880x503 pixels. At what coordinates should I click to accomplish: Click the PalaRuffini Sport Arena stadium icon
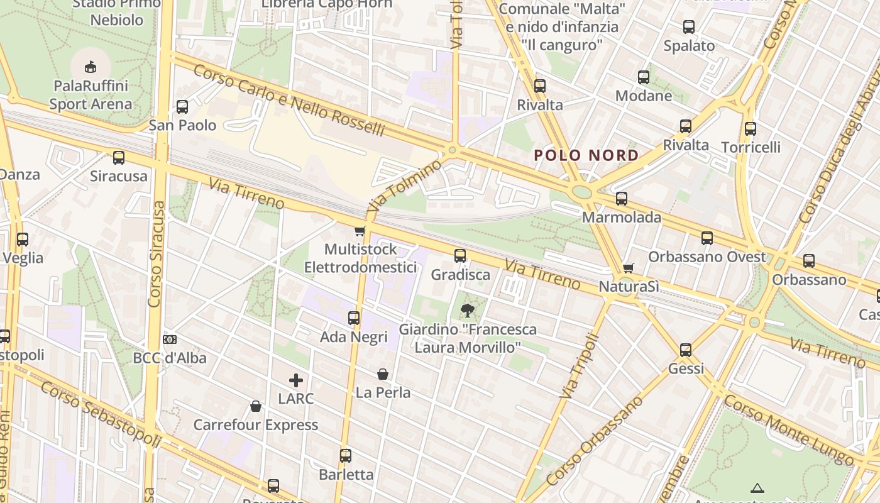(91, 66)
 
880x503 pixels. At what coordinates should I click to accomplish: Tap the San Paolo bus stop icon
(182, 106)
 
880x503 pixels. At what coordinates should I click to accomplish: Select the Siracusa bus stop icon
(119, 157)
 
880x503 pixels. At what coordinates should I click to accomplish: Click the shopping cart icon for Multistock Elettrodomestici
(360, 231)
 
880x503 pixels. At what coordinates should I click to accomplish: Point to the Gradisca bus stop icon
(460, 255)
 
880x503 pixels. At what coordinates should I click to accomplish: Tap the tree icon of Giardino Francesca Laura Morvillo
(467, 310)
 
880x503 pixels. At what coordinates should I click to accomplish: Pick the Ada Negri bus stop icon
(354, 318)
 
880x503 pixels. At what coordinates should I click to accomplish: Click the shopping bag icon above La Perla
(383, 374)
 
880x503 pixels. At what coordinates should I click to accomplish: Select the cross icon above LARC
(296, 380)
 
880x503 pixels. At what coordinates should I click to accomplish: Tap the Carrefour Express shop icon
(256, 406)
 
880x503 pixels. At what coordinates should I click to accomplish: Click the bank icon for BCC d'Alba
(170, 339)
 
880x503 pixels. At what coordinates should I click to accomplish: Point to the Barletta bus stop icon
(346, 455)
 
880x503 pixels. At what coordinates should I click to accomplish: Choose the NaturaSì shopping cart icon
(628, 268)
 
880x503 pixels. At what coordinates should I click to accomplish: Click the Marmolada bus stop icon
(622, 199)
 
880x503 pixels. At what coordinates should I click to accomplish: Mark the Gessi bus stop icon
(686, 350)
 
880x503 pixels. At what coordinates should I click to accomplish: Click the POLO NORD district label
(586, 155)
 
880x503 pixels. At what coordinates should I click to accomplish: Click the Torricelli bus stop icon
(751, 129)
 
